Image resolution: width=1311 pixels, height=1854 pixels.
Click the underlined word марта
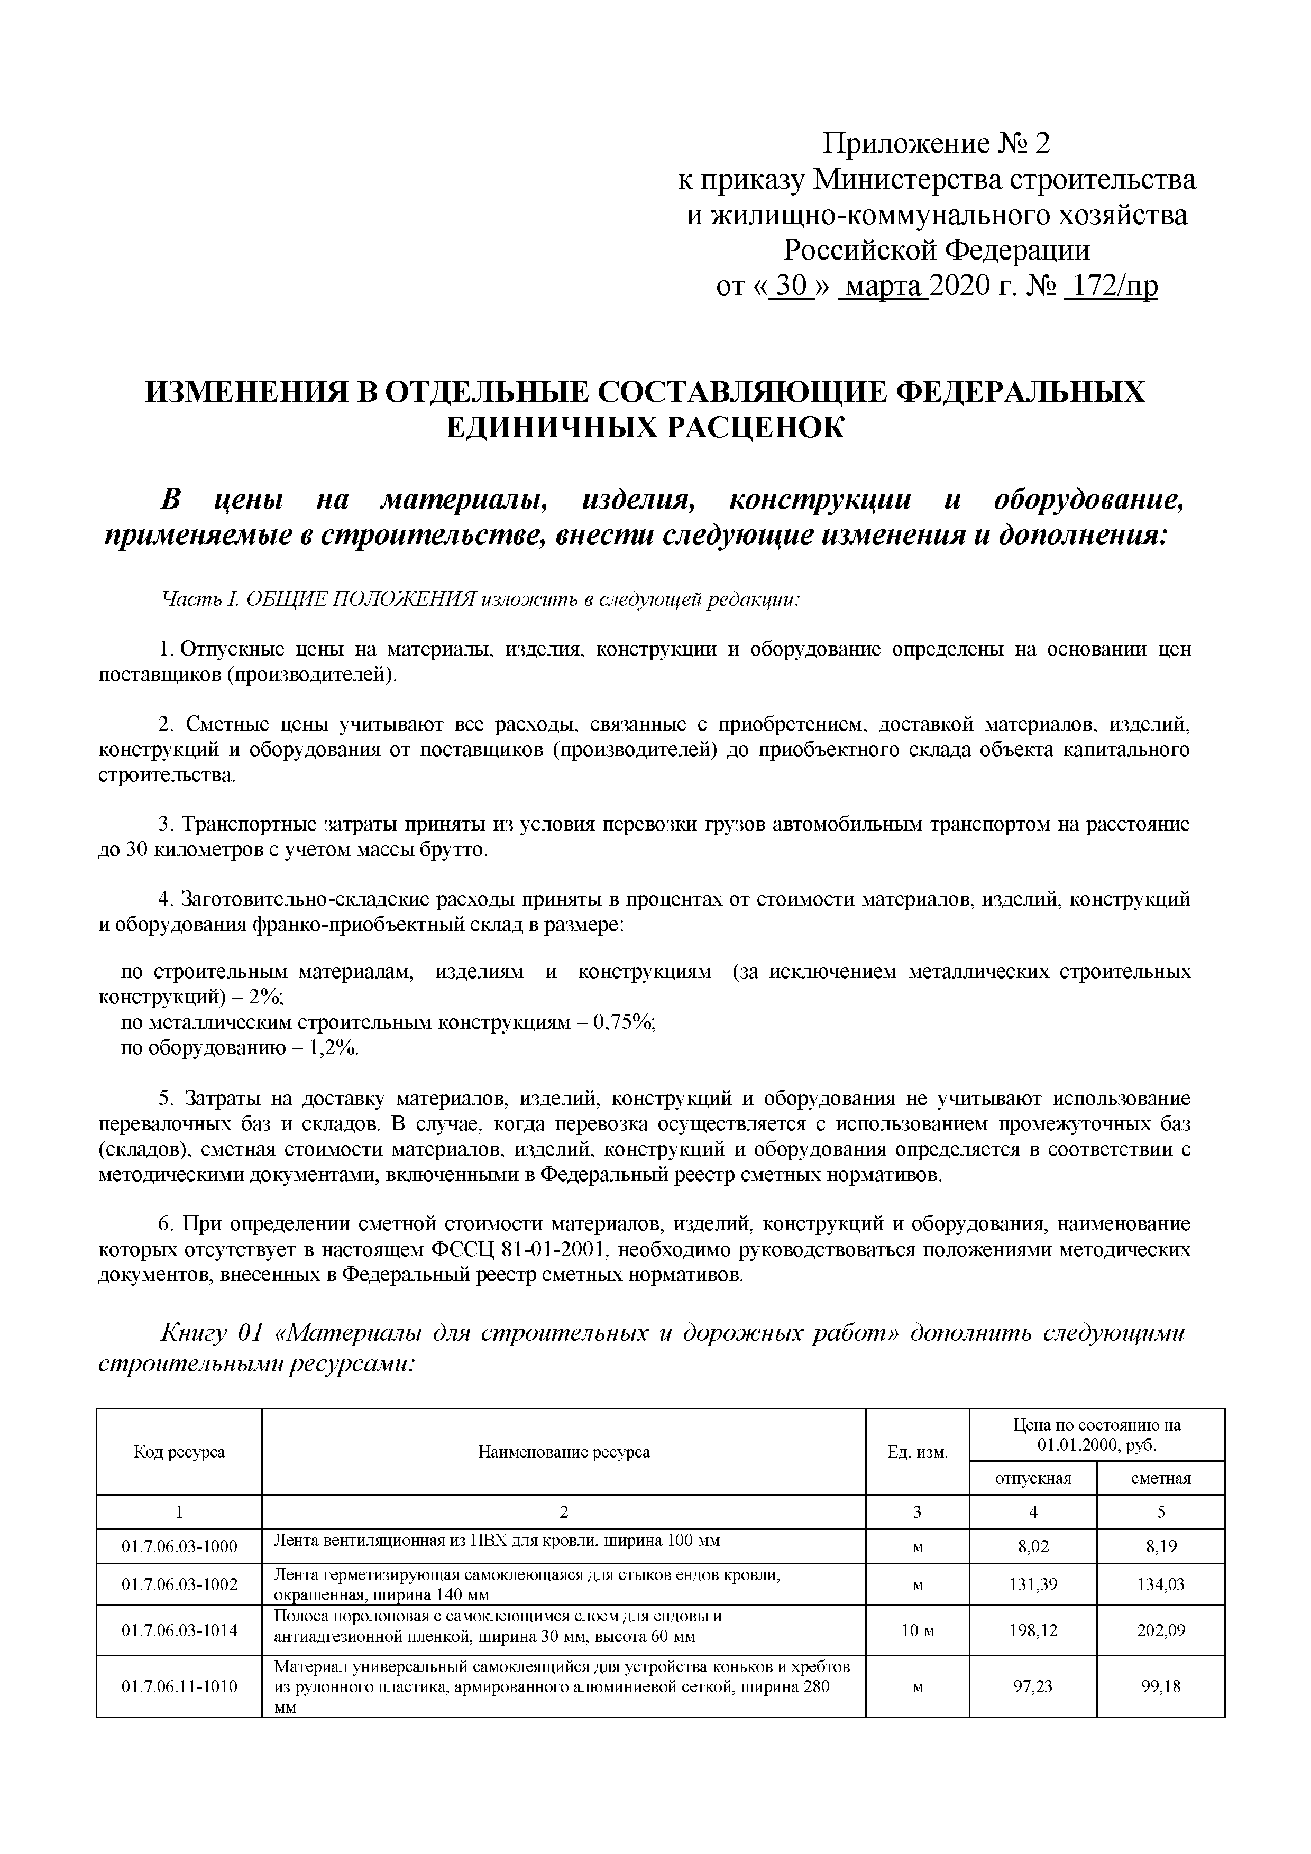(884, 287)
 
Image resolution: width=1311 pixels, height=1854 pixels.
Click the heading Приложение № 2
(936, 144)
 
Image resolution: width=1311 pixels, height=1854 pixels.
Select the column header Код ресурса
(179, 1452)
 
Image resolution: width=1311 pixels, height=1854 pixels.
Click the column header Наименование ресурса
(564, 1452)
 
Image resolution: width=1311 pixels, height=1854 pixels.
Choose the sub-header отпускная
(1032, 1479)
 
